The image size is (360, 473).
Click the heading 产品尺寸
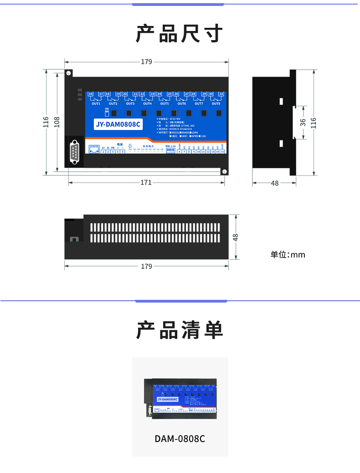pos(180,34)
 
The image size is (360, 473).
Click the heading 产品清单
pos(180,330)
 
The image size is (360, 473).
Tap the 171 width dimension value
pos(146,183)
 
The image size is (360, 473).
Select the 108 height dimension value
pos(57,122)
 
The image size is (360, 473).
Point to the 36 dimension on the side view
pos(303,122)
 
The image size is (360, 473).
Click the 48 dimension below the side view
pos(275,183)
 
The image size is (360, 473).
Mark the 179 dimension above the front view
pos(146,62)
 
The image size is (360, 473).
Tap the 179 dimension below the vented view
pos(146,266)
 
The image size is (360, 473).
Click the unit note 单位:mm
pos(288,254)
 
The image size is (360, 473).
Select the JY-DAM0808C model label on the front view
pos(118,124)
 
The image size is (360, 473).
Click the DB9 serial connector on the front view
pos(74,153)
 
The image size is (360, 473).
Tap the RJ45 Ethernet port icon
pos(94,149)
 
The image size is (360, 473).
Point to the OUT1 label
pos(96,104)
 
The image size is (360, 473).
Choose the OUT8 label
pos(216,104)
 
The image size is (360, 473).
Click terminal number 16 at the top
pos(90,94)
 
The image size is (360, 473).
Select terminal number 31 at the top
pos(221,94)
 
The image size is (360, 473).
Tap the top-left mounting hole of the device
pos(68,73)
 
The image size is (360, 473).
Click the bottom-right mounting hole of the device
pos(224,171)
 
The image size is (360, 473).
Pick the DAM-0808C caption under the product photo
pos(180,439)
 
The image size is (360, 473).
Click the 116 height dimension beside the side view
pos(313,122)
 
